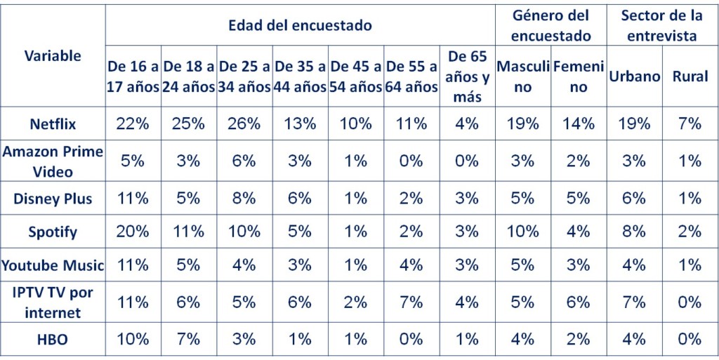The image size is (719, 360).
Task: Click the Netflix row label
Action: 53,124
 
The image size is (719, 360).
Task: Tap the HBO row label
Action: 53,339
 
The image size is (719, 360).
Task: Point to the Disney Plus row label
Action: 53,199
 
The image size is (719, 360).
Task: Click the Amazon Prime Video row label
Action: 53,161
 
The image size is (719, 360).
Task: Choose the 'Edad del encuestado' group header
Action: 300,26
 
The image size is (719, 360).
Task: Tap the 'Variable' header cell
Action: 53,55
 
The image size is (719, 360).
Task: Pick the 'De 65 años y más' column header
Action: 467,76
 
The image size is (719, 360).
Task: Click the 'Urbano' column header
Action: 634,76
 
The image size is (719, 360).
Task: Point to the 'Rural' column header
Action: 690,76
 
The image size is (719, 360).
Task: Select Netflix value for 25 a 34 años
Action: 244,124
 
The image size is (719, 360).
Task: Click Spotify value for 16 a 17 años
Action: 133,232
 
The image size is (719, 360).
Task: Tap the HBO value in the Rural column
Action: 690,339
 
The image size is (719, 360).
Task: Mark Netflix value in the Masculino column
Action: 522,124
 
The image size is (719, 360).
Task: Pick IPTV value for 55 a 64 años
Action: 411,302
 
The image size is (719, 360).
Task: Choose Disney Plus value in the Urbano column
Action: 634,199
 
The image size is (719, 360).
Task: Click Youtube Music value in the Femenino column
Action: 578,265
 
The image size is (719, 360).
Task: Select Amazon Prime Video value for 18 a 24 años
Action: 189,161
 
